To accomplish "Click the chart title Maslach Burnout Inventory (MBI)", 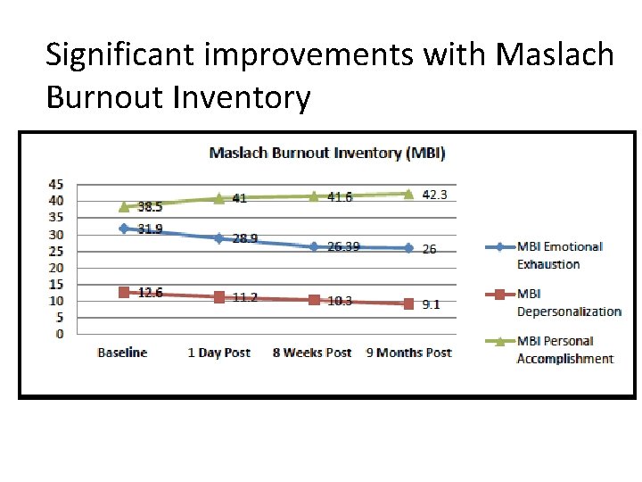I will [x=326, y=153].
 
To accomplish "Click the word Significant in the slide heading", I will [x=116, y=54].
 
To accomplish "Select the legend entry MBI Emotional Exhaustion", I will [x=559, y=254].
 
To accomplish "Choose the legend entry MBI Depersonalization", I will [x=568, y=302].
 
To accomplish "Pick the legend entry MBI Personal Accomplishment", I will [x=564, y=349].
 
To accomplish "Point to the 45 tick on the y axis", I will [x=56, y=184].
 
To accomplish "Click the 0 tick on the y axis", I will [x=60, y=334].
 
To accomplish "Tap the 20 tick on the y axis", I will [x=56, y=267].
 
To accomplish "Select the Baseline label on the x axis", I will [x=122, y=353].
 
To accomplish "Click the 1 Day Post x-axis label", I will [x=218, y=353].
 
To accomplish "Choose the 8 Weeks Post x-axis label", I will [x=312, y=353].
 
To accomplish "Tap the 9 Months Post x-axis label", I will [x=408, y=353].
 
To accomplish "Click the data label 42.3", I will [x=434, y=195].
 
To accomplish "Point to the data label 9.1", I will [x=431, y=304].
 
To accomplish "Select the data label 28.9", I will [x=245, y=239].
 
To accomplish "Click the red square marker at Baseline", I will [x=124, y=292].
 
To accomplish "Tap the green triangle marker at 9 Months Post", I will [x=408, y=193].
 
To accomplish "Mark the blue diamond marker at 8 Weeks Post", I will [x=314, y=246].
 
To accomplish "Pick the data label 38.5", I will [x=150, y=206].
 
